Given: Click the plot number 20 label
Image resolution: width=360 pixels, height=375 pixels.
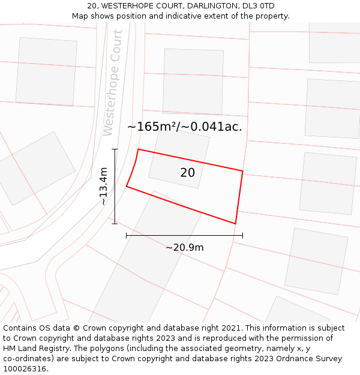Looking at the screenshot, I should click(187, 173).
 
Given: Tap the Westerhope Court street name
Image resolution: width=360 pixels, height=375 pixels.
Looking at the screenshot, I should click(113, 83).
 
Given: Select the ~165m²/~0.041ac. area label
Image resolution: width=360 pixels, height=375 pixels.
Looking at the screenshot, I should click(185, 127).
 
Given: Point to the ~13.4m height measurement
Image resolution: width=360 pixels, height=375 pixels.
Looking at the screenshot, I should click(103, 186).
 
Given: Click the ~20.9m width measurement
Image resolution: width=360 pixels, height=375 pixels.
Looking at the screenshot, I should click(184, 247).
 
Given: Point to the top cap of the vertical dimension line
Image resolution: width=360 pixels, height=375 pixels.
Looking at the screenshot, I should click(115, 149).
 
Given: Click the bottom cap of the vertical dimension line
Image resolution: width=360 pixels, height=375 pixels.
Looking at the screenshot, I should click(115, 224).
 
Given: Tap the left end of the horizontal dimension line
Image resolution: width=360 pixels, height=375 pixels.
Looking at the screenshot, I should click(127, 235).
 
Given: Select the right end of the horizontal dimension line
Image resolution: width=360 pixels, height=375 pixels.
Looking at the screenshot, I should click(242, 235).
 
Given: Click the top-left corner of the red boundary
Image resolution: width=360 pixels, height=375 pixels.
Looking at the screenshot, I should click(139, 149).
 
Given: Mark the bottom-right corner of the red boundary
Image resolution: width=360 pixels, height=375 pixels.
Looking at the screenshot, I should click(235, 224).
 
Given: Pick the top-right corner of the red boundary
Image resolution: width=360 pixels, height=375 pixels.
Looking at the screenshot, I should click(242, 172).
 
